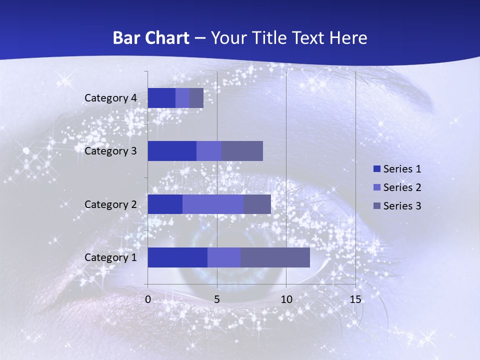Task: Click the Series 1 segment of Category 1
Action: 177,257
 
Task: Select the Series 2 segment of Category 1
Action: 224,257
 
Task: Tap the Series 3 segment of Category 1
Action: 275,257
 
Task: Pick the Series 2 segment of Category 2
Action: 213,204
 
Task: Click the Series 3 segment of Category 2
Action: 257,204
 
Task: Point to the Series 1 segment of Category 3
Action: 172,151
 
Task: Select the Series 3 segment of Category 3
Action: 242,151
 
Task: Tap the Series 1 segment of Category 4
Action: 161,98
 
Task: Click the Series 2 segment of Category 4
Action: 182,98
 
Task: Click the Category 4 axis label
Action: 110,98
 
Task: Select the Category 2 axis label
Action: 110,204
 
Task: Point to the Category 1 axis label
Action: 110,257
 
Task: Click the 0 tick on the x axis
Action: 148,299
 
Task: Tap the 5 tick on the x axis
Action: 217,299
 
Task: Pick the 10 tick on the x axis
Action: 286,299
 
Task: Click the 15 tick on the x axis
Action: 355,299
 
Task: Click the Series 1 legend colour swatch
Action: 376,169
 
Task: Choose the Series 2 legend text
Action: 402,187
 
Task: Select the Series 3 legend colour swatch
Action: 376,206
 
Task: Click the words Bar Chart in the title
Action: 150,38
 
